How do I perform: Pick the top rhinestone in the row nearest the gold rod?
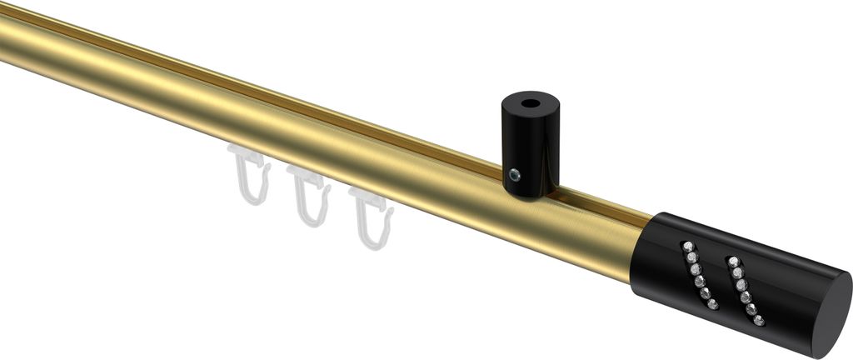tap(686, 245)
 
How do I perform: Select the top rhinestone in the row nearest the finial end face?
tap(732, 260)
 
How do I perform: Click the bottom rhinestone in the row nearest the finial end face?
tap(757, 320)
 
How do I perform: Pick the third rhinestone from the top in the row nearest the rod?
tap(693, 269)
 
